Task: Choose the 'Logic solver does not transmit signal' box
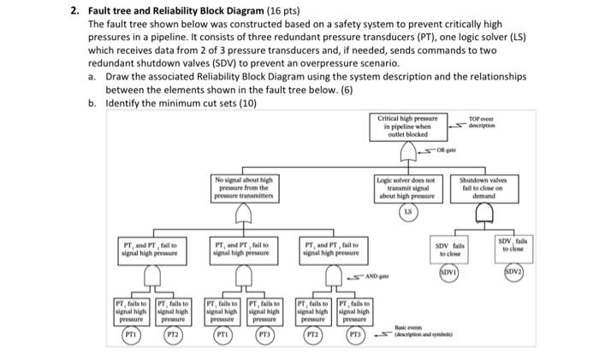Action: [407, 187]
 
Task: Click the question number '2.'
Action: [74, 11]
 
